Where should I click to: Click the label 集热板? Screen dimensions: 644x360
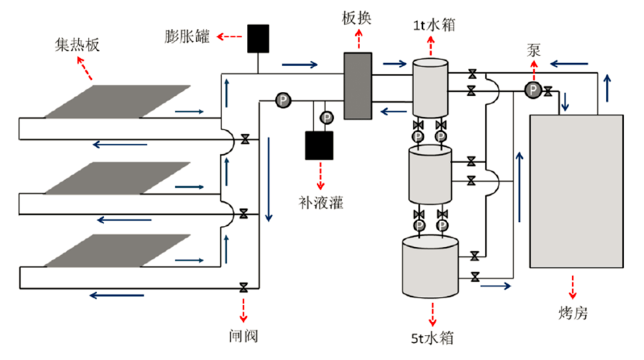point(77,45)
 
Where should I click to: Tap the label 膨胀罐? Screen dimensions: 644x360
point(187,36)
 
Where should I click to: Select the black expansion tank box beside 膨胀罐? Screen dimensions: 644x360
point(258,39)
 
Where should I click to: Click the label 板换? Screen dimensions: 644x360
point(357,18)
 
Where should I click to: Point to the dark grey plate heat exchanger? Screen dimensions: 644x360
point(358,86)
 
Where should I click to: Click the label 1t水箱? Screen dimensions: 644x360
point(434,26)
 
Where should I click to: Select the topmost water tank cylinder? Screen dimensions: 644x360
point(430,88)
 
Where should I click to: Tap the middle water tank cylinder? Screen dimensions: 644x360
point(430,174)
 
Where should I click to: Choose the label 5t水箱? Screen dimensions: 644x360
point(432,338)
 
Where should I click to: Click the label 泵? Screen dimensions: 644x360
point(534,50)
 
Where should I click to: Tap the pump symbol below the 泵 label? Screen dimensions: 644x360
point(532,90)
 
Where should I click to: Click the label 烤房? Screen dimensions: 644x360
point(573,313)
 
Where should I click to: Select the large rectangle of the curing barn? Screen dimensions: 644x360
point(576,191)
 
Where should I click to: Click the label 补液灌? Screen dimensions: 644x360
point(321,203)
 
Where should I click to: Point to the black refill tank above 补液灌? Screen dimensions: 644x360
point(319,145)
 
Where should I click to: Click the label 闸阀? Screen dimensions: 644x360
point(243,336)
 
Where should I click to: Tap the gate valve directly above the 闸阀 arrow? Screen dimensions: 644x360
point(243,287)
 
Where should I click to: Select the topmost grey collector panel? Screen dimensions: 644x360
point(117,101)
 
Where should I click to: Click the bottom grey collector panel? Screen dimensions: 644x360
point(117,250)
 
